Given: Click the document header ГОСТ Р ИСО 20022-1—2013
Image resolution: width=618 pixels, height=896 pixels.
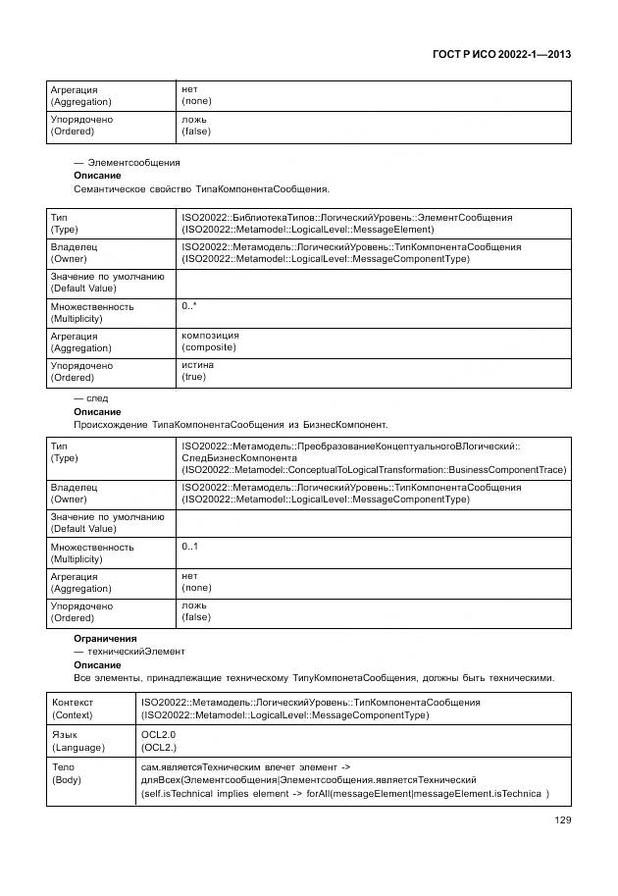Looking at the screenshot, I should tap(500, 55).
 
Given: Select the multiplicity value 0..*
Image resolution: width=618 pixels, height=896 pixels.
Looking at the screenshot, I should tap(189, 306).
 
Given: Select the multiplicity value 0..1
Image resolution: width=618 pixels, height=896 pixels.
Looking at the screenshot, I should tap(189, 546).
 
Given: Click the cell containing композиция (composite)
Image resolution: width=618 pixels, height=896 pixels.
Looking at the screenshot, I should tap(210, 342).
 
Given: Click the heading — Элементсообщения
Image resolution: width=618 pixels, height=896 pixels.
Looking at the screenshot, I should tap(128, 162).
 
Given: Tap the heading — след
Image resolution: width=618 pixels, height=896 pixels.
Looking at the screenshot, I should tap(91, 399).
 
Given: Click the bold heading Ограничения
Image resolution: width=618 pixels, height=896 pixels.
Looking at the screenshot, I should tap(105, 639).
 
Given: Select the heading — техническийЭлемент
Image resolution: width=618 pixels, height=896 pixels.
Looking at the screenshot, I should tap(129, 652).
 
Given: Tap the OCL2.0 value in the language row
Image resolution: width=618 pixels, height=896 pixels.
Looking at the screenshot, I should tap(159, 734).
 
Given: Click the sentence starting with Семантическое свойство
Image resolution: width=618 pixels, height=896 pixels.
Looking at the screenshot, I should tap(201, 188).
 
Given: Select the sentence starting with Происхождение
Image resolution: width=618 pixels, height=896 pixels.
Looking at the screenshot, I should tap(231, 425).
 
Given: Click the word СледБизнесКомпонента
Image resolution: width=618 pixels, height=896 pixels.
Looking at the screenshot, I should tap(238, 457).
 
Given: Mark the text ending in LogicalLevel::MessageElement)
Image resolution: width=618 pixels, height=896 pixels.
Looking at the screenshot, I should tap(307, 229).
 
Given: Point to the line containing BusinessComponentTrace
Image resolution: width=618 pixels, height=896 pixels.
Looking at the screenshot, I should tap(374, 469).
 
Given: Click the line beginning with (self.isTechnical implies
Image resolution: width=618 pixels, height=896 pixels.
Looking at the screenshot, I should tap(343, 793).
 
